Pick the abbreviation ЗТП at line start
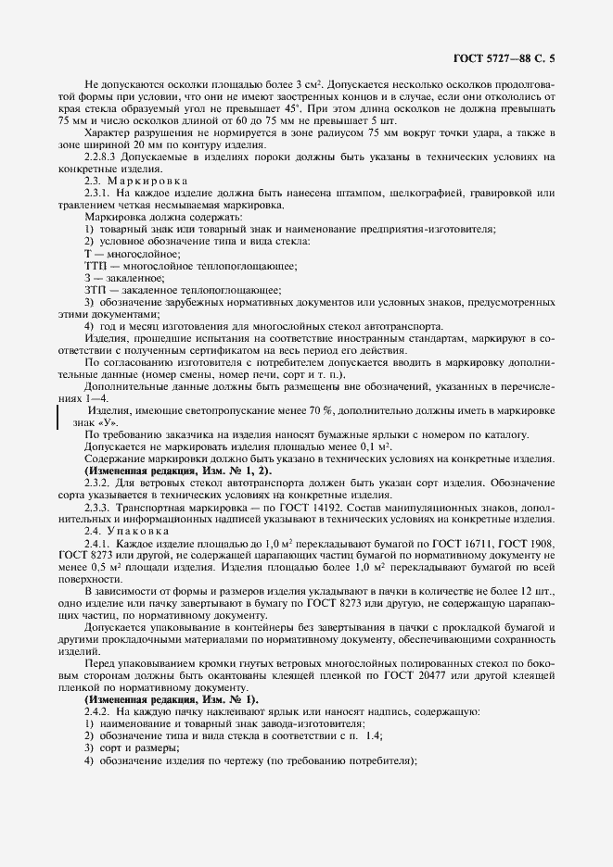pos(96,290)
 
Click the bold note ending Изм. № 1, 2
pos(166,471)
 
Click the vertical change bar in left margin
pos(59,416)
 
